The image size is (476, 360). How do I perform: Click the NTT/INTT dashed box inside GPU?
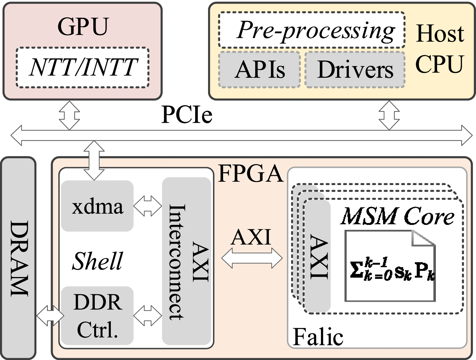[x=82, y=68]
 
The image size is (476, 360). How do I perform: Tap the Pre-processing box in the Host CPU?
[x=311, y=30]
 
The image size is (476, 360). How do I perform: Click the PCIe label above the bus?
[x=187, y=115]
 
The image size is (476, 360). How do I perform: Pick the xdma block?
[x=97, y=206]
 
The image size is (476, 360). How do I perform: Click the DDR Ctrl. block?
[x=97, y=316]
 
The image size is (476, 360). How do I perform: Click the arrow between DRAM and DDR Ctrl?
[x=50, y=316]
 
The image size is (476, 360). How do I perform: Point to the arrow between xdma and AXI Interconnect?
[x=148, y=206]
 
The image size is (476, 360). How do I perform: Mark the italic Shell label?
[x=97, y=261]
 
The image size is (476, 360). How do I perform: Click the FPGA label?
[x=250, y=173]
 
